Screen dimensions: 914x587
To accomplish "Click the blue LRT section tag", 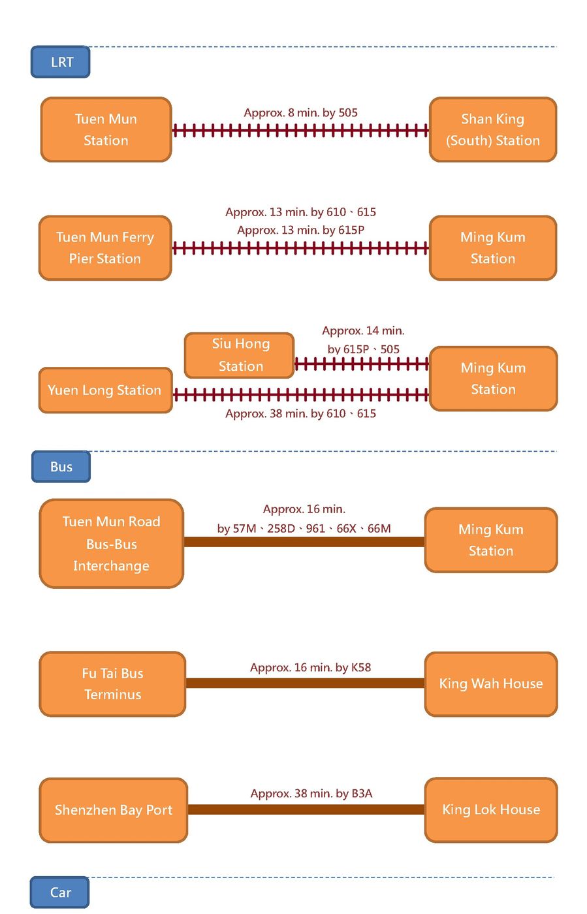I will pos(61,62).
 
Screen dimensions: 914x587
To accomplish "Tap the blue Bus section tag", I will pos(61,467).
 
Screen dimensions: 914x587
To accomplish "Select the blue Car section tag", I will pos(60,892).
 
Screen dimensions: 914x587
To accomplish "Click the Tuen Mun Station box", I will pos(106,129).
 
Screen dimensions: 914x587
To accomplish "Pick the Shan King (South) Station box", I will pos(492,129).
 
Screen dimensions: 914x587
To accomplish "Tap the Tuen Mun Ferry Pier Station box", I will pos(105,248).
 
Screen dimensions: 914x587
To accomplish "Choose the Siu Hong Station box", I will pos(240,355).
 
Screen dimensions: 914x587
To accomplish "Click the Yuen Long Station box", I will pos(105,390).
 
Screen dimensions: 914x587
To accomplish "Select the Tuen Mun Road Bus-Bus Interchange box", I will pos(111,543).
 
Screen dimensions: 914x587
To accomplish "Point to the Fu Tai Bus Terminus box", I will pos(112,684).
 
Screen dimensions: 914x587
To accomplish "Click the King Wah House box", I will pos(491,684).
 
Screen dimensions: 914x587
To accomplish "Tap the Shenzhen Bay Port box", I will pos(114,810).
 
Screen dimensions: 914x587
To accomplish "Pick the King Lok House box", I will pos(491,810).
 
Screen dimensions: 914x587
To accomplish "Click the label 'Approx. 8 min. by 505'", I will pos(300,113).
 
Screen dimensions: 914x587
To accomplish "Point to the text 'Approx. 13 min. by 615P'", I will pos(300,230).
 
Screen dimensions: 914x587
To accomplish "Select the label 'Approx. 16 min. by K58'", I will pos(310,668).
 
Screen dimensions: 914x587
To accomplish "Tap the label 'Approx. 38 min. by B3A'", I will pos(311,794).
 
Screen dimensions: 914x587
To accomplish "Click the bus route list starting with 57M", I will pos(304,529).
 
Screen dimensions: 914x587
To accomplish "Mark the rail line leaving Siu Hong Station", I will pos(362,364).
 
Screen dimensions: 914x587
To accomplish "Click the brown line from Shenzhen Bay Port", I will pos(306,810).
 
